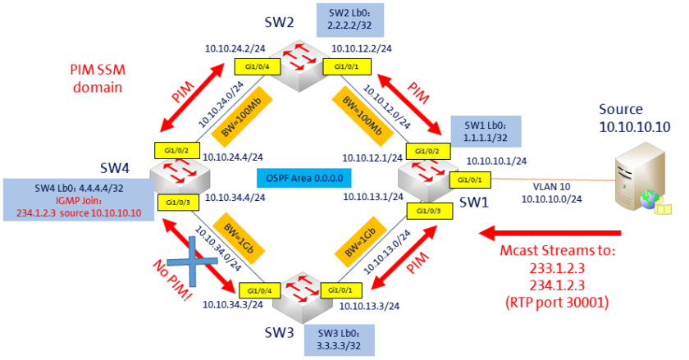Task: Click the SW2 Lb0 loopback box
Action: (349, 21)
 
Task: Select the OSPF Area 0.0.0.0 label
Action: (304, 179)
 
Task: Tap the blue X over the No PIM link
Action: (192, 261)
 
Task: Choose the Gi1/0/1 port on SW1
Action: (470, 180)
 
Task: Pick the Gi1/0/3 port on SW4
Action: (178, 203)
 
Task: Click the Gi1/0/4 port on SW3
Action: (259, 290)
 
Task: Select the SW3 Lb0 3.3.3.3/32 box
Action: (340, 339)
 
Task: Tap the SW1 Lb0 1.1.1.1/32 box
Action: (486, 131)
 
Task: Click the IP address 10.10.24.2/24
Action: (235, 48)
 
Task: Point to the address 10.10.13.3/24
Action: (369, 306)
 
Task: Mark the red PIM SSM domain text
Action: (98, 78)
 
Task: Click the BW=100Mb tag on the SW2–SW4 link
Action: (242, 117)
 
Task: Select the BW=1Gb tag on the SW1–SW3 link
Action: (360, 242)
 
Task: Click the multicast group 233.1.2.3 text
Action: (557, 267)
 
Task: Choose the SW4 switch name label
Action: (115, 168)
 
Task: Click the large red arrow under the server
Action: (550, 233)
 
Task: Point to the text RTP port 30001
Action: (557, 303)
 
